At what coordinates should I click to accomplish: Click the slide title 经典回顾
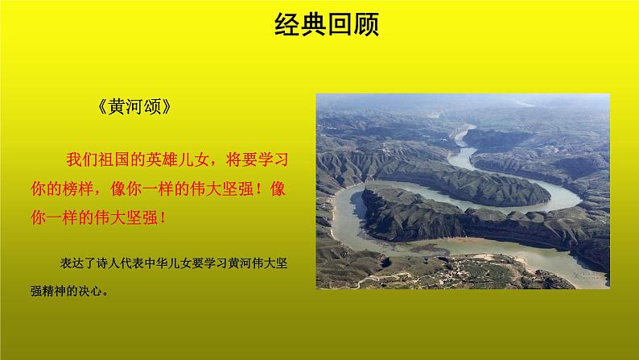319,24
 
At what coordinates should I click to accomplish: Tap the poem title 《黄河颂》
134,109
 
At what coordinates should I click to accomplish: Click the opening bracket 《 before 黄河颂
101,109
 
